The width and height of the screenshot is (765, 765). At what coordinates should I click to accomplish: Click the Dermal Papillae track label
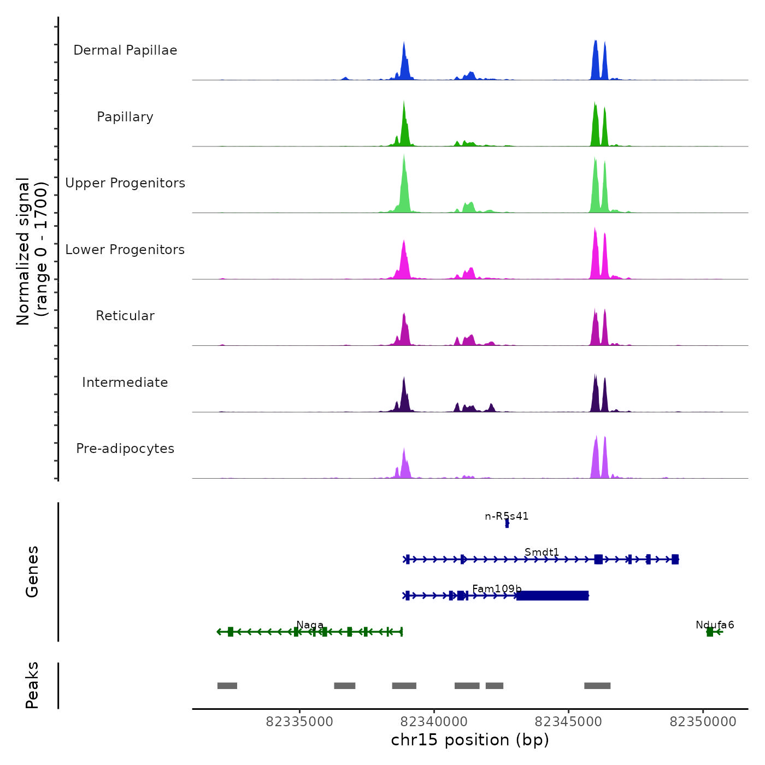[x=125, y=50]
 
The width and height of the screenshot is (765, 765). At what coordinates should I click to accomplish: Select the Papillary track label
[x=125, y=117]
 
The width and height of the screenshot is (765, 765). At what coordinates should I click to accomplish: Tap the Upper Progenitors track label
[x=125, y=183]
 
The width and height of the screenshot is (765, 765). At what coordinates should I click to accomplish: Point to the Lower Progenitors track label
[x=125, y=250]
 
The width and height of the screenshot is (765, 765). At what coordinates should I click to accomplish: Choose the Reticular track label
[x=125, y=316]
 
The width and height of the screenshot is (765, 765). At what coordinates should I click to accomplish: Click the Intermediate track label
[x=125, y=382]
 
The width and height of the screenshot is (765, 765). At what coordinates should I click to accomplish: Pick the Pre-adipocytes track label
[x=125, y=449]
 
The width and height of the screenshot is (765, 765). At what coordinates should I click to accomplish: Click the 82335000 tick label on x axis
[x=299, y=722]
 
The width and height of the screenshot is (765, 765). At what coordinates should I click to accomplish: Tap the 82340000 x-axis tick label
[x=434, y=722]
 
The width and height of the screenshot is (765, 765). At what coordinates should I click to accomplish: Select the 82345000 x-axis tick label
[x=568, y=722]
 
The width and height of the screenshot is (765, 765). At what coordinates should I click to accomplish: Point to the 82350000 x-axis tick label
[x=703, y=722]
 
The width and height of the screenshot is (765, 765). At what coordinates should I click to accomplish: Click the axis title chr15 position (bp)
[x=470, y=740]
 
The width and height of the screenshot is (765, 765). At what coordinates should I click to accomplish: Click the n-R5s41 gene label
[x=507, y=516]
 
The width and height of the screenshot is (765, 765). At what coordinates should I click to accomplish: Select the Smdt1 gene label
[x=542, y=552]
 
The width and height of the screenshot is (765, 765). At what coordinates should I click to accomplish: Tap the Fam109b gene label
[x=497, y=589]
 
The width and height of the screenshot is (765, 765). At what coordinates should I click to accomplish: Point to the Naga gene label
[x=310, y=625]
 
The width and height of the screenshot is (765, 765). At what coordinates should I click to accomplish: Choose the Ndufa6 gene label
[x=715, y=625]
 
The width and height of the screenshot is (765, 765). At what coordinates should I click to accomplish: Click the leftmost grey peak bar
[x=227, y=686]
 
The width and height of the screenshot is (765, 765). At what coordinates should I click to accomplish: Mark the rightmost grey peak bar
[x=597, y=686]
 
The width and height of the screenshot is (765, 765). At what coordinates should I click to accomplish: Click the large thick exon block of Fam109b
[x=552, y=596]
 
